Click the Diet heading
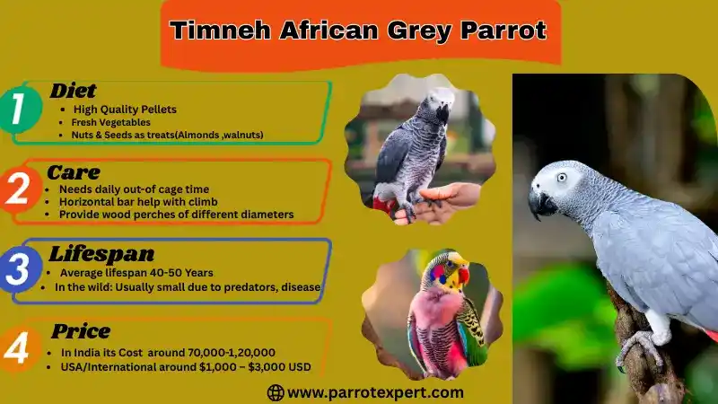point(73,90)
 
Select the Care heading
point(74,171)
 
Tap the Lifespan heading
point(101,254)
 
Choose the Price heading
point(81,331)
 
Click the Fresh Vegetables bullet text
point(110,121)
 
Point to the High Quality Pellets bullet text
point(125,109)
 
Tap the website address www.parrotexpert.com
point(375,392)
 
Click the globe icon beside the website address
point(276,392)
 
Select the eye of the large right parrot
point(562,177)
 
